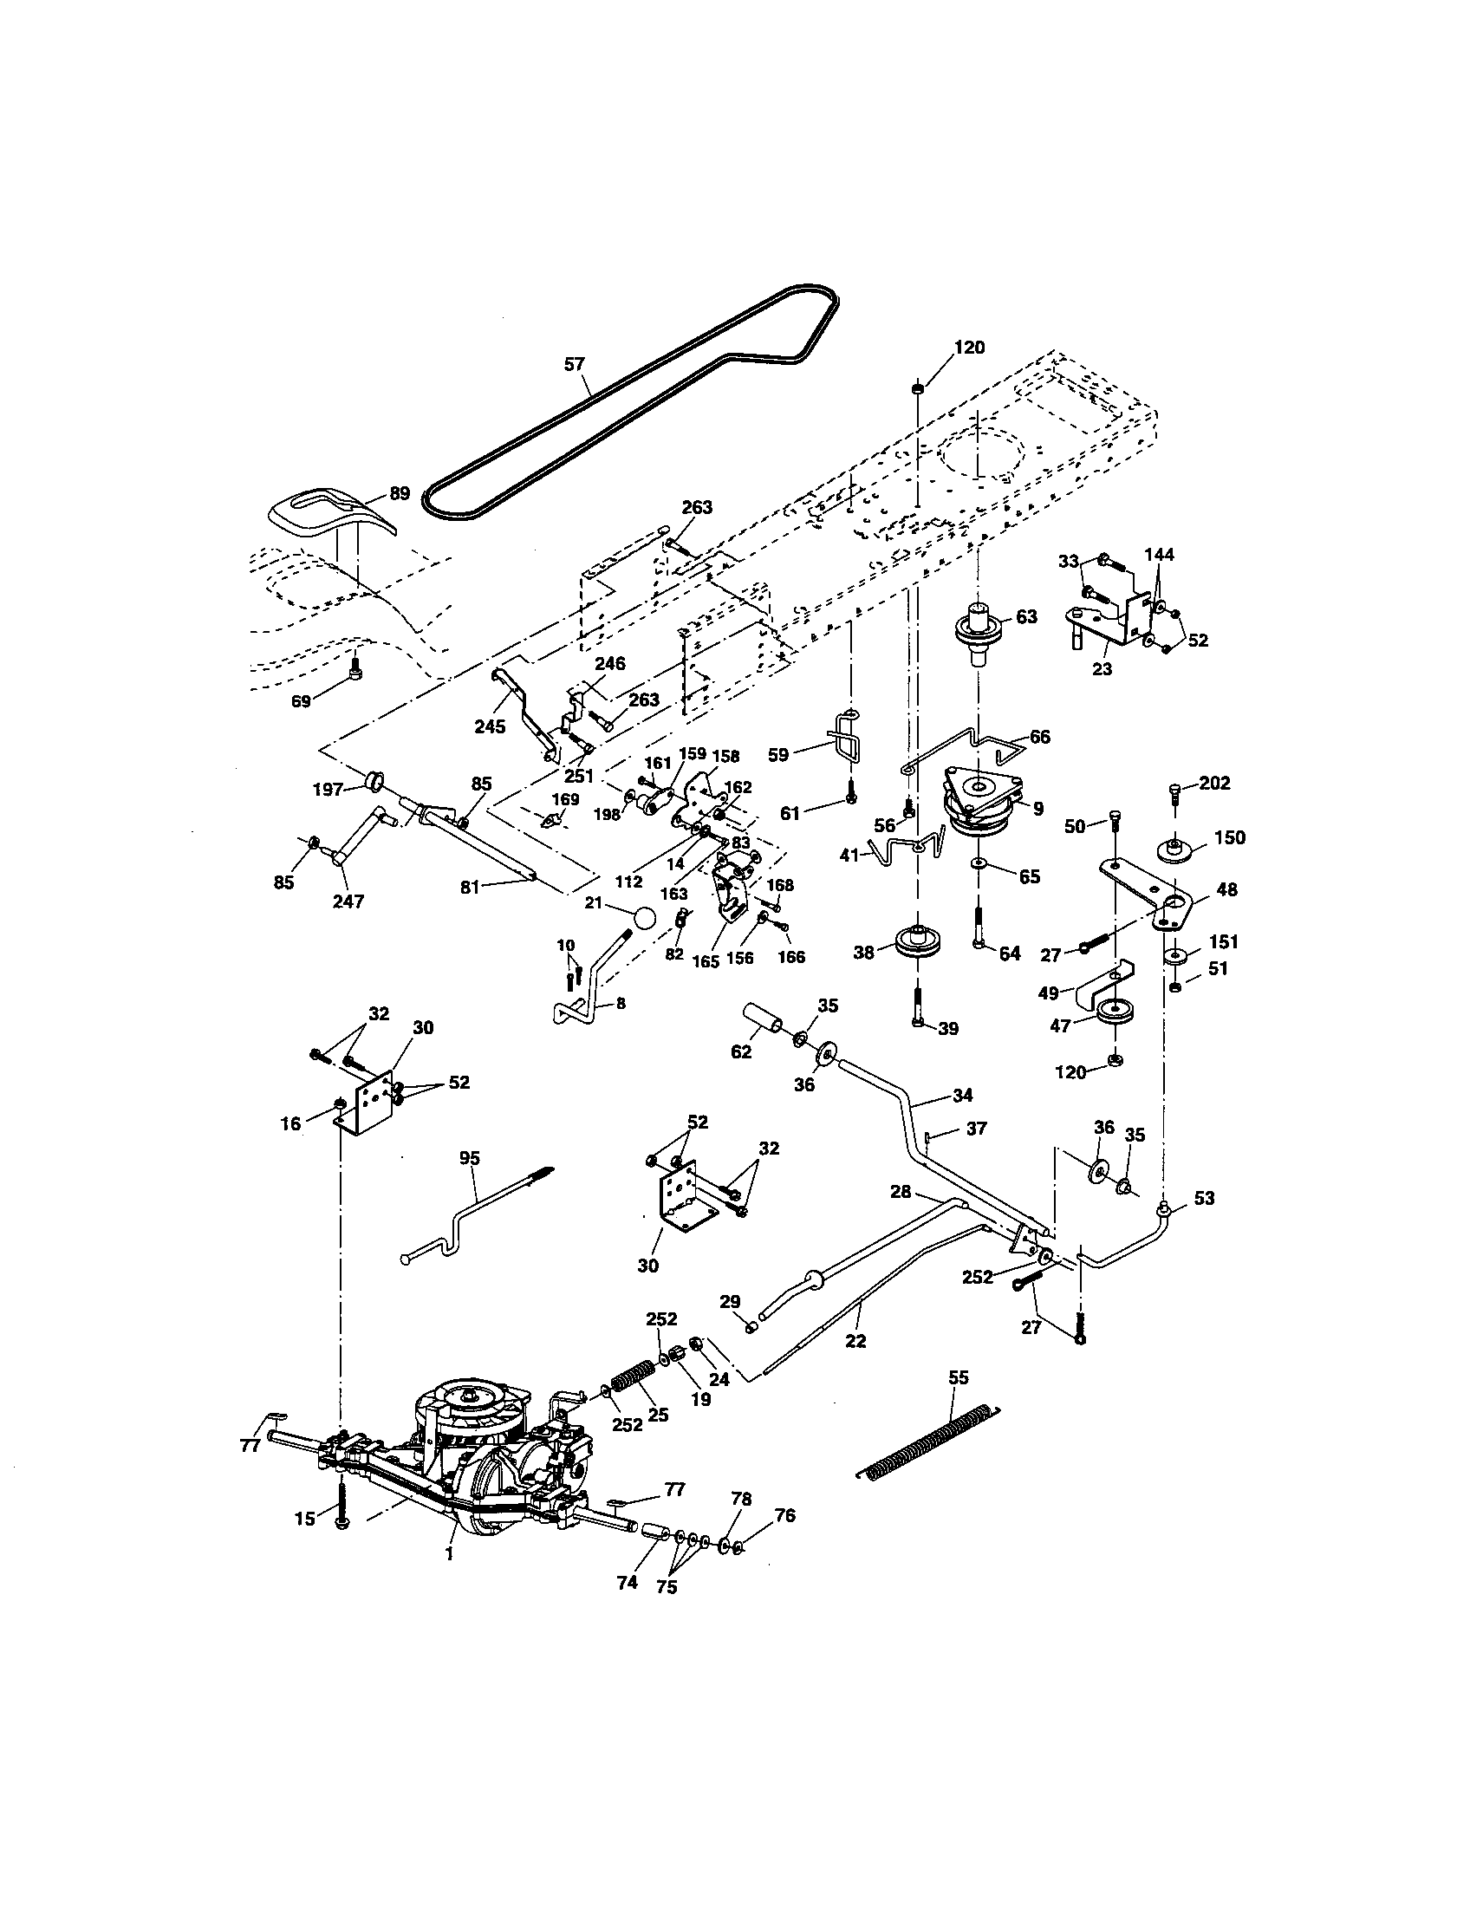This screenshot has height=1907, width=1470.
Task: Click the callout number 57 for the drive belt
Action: [574, 364]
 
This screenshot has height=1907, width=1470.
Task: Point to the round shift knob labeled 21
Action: [644, 918]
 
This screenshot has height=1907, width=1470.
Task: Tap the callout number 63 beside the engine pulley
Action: [1026, 616]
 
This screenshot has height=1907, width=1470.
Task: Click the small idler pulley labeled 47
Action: [1115, 1016]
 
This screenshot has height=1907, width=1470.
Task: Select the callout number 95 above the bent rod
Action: [470, 1158]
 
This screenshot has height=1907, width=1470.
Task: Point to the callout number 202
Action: [1214, 783]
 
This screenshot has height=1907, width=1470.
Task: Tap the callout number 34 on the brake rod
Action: [963, 1095]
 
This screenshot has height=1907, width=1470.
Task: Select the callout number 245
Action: [490, 726]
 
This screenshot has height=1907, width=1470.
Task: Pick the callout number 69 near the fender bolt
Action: [301, 700]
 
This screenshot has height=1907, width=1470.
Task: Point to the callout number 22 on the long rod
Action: [855, 1341]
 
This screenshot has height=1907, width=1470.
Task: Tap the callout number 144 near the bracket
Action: [1160, 554]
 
